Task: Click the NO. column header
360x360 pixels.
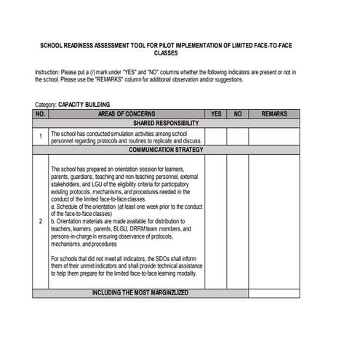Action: click(x=40, y=114)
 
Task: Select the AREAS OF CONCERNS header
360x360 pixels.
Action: click(x=127, y=114)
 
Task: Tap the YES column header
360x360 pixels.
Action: click(x=216, y=114)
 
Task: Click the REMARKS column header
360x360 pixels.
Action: click(x=274, y=114)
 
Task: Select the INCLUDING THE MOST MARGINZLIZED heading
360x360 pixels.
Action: click(x=140, y=292)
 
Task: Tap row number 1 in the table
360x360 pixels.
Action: click(x=40, y=137)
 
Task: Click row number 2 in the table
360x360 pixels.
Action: click(x=40, y=220)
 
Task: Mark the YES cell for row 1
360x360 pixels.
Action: click(x=216, y=137)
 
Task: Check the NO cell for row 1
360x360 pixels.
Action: click(x=238, y=137)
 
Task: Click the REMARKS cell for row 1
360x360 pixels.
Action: click(x=274, y=137)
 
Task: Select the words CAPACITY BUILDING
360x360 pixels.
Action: click(x=84, y=105)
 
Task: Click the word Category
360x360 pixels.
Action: click(x=45, y=105)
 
